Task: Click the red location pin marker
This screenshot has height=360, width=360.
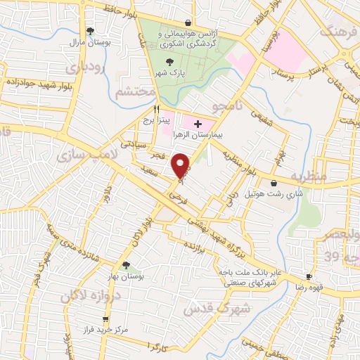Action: tap(181, 166)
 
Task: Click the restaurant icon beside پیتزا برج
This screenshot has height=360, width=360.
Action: tap(157, 110)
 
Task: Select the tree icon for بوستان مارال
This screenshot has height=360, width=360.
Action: tap(89, 30)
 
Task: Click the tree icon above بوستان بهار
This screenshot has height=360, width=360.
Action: tap(125, 264)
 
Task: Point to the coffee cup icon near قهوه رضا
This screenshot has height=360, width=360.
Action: tap(308, 276)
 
